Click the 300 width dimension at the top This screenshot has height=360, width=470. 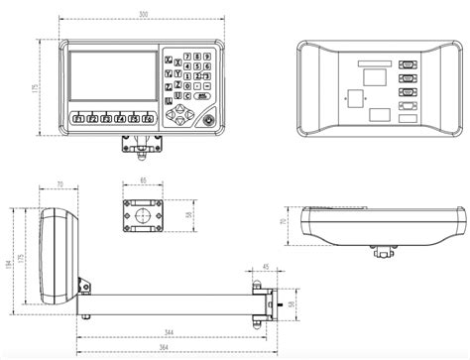(144, 14)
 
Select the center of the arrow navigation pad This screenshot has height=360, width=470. (180, 116)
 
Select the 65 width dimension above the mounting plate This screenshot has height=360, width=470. (144, 182)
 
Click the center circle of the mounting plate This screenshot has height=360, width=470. (145, 215)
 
